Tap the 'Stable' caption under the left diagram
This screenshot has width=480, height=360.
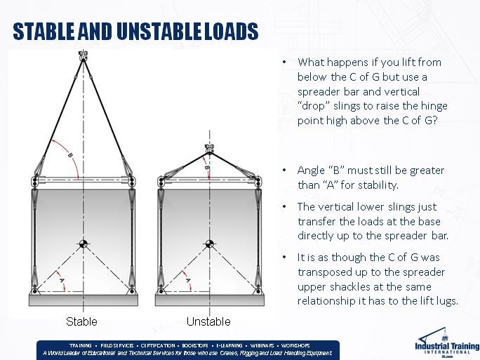(81, 322)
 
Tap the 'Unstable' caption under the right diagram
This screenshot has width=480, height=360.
(208, 322)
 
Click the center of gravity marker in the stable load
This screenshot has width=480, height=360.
(84, 244)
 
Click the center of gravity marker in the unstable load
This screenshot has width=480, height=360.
(208, 244)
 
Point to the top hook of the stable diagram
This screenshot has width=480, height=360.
(83, 54)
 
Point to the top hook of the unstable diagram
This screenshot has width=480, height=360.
(208, 148)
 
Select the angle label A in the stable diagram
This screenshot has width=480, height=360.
(62, 279)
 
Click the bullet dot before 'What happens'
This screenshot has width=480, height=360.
(284, 62)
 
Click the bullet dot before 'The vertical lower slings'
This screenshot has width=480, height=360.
(284, 207)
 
